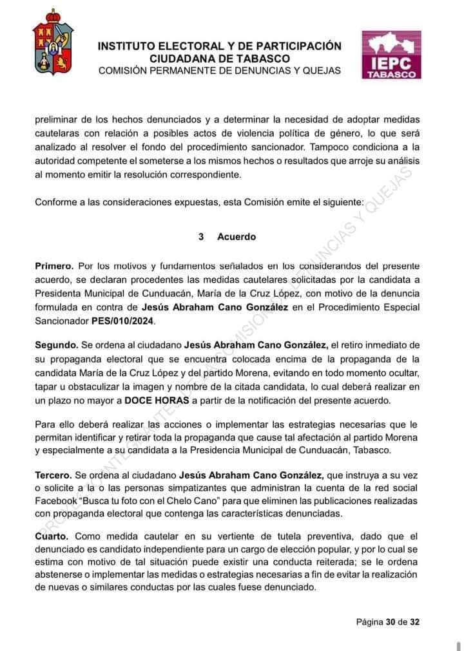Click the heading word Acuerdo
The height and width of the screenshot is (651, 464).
point(237,237)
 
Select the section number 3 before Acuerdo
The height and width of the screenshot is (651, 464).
point(202,237)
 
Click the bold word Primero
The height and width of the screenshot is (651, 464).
point(55,265)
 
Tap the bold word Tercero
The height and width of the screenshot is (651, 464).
point(55,475)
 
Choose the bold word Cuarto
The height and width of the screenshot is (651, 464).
point(53,536)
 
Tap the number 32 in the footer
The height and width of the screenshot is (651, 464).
point(414,623)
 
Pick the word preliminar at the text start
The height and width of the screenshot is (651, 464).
point(57,119)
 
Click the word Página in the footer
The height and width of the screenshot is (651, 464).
point(369,623)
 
